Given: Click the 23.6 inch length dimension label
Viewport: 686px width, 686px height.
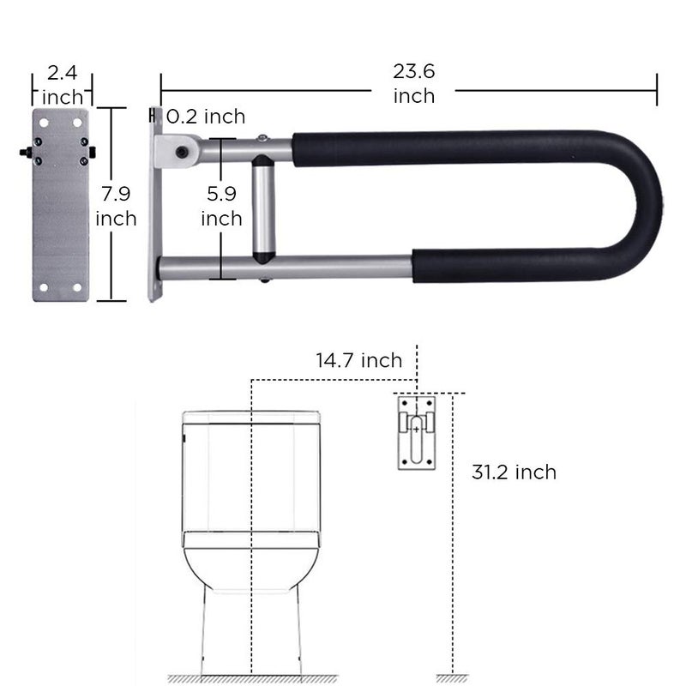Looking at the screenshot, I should (413, 84).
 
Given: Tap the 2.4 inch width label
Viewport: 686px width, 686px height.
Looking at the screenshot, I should (62, 84).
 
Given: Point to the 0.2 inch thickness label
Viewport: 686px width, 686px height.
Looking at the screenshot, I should (206, 117).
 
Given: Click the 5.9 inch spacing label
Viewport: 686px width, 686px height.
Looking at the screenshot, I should (221, 207).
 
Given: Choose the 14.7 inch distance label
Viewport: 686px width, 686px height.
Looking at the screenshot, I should (358, 360).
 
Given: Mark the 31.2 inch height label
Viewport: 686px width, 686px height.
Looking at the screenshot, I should (514, 472).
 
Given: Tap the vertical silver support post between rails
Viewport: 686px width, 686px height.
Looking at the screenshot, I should (263, 206).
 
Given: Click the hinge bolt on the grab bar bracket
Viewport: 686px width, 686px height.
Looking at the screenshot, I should (182, 153).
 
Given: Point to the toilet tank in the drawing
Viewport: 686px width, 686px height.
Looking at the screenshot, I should (251, 480).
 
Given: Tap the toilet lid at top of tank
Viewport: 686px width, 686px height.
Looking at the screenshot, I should (251, 419).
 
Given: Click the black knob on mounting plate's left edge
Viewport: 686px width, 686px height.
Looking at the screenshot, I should (24, 152).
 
